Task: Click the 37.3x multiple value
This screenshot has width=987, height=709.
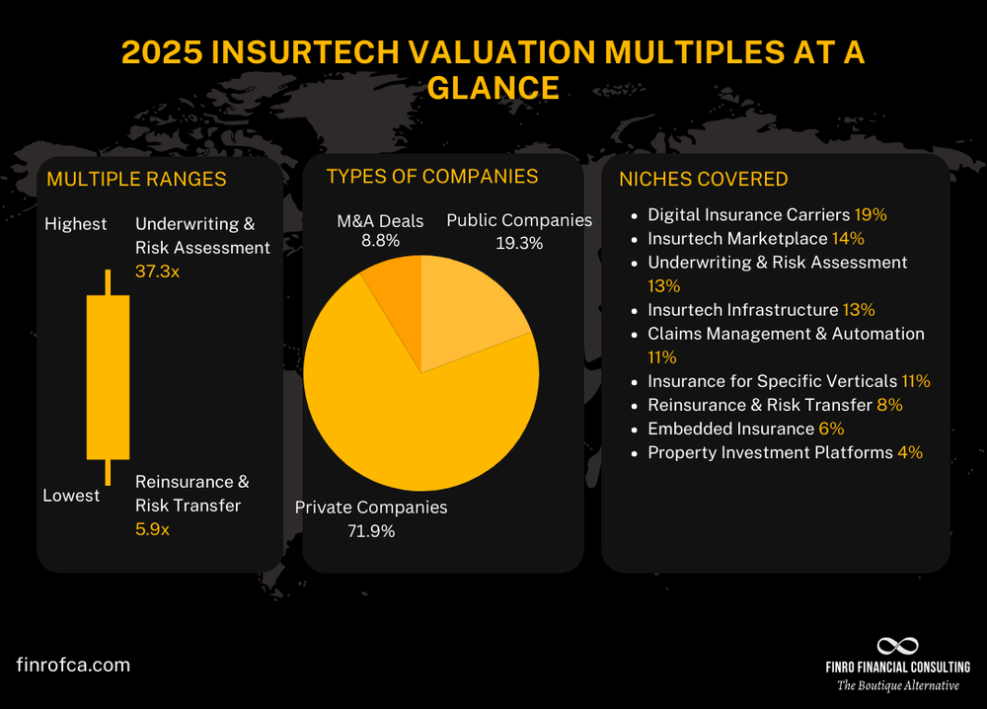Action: coord(157,271)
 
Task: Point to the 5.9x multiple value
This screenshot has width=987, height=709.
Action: coord(152,529)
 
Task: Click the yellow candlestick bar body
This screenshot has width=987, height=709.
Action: coord(108,376)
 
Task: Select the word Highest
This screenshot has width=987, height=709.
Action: coord(75,224)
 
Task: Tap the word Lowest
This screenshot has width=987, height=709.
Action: coord(71,495)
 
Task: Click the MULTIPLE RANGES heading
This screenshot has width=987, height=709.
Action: coord(136,179)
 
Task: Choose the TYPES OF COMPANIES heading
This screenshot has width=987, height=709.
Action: coord(431,176)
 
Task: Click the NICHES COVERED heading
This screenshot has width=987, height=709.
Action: coord(703,179)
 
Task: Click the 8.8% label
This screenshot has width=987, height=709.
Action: coord(380,239)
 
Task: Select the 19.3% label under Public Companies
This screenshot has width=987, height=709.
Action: coord(519,243)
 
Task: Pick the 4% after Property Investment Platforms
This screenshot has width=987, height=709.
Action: coord(909,452)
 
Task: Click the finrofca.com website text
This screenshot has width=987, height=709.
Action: coord(74,665)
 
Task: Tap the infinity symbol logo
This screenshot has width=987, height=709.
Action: coord(897,646)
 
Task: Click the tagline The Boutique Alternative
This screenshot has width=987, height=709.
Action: coord(897,685)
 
